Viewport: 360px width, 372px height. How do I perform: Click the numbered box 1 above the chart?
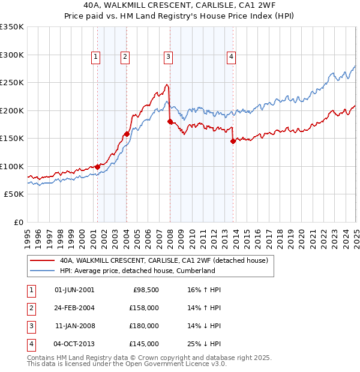pos(96,57)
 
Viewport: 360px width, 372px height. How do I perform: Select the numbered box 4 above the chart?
pos(231,57)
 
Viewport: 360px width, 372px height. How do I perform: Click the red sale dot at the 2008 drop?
pos(170,122)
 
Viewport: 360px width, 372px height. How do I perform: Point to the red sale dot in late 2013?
pos(233,142)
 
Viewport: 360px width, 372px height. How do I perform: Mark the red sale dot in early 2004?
pos(127,134)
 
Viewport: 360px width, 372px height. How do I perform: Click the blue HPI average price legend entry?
pos(137,271)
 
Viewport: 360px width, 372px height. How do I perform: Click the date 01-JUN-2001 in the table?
pos(74,289)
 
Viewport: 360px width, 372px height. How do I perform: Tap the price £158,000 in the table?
pos(145,308)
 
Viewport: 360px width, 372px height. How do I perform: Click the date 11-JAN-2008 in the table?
pos(74,326)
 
